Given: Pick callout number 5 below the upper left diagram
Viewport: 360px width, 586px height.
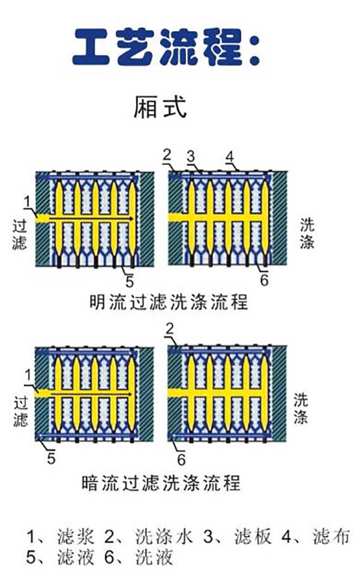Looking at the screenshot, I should click(130, 281).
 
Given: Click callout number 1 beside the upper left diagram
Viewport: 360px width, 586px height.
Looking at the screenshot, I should click(27, 200).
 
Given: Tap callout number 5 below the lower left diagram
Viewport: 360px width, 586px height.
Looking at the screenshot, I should click(52, 459).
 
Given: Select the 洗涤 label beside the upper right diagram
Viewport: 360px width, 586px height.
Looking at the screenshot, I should click(308, 233).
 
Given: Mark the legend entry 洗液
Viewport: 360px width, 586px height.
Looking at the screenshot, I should click(155, 558).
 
